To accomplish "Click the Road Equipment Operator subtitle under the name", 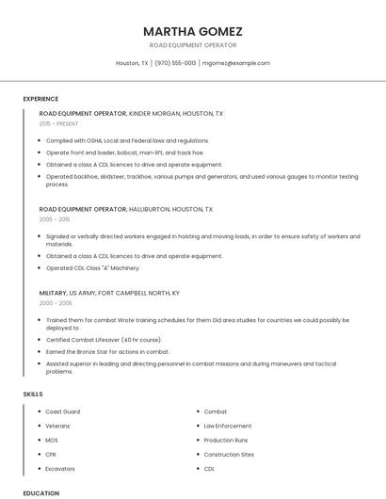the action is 192,45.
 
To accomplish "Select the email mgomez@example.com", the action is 237,63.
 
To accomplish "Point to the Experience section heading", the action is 40,99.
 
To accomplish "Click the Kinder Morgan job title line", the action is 131,113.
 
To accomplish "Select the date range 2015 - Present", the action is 59,123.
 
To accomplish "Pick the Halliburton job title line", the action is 126,209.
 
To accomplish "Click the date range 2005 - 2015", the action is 56,219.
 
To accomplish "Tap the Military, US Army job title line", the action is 109,293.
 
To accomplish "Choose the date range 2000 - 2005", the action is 56,303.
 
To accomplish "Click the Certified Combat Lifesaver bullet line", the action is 104,339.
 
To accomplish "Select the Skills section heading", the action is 33,393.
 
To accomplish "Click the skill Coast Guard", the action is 63,411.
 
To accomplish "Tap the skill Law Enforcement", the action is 228,426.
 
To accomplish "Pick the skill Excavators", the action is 60,468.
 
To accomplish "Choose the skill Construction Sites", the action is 229,454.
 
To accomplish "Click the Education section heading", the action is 40,492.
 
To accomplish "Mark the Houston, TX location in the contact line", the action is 132,63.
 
